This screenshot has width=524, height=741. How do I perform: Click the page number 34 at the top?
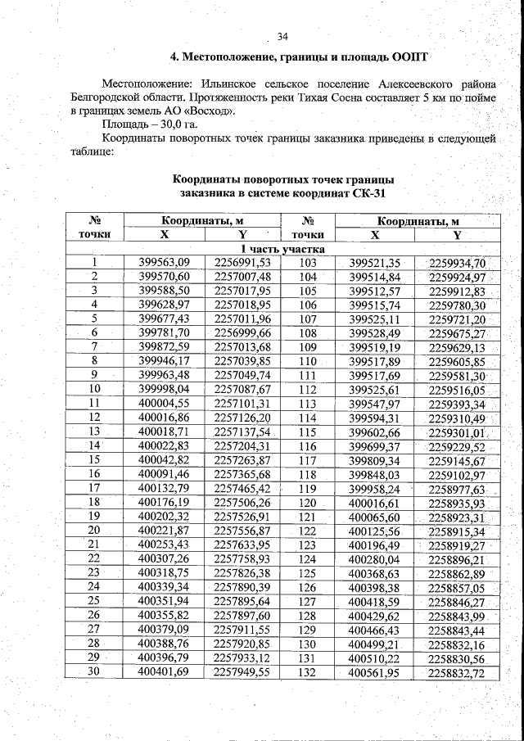click(x=283, y=37)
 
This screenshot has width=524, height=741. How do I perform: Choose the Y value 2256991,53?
click(x=242, y=263)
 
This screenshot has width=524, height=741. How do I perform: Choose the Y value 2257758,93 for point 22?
click(x=242, y=558)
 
